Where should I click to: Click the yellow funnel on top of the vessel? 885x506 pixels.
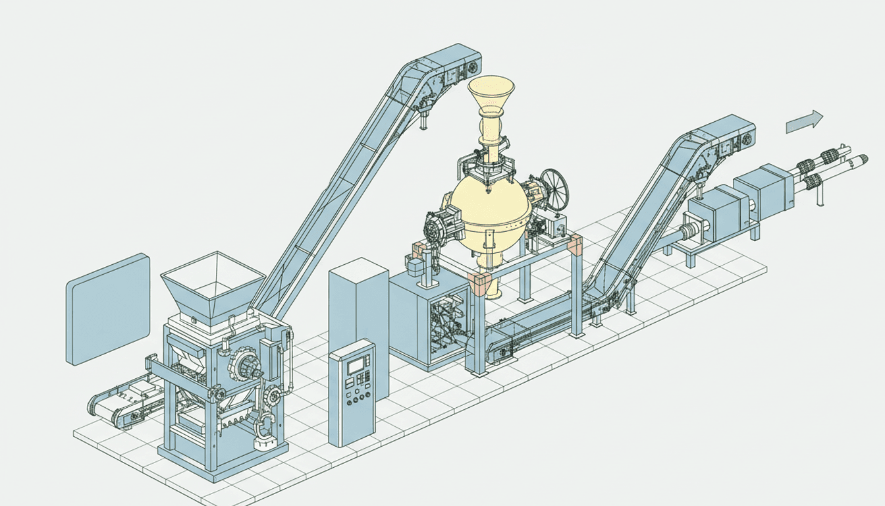[x=491, y=96]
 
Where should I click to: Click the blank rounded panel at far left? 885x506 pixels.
[x=107, y=308]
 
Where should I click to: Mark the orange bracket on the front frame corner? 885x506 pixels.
[x=479, y=284]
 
